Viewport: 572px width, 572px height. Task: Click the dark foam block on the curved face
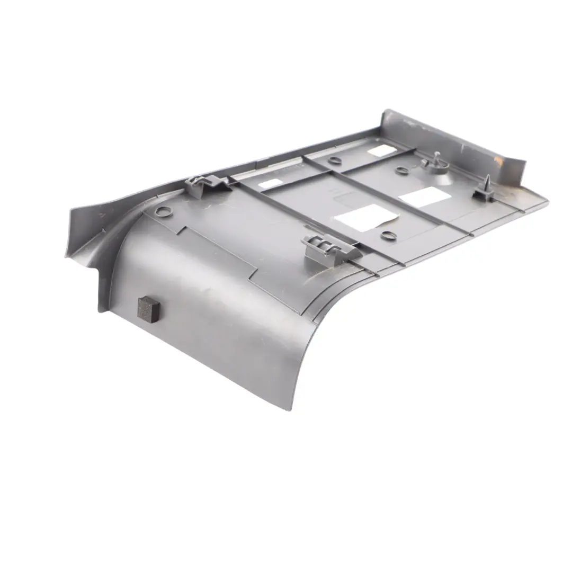148,308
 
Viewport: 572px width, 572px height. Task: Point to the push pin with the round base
435,163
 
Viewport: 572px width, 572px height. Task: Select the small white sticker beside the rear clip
270,184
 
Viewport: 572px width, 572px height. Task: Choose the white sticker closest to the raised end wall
378,151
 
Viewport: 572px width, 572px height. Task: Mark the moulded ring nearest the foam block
164,212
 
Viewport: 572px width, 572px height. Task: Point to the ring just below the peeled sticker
388,235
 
